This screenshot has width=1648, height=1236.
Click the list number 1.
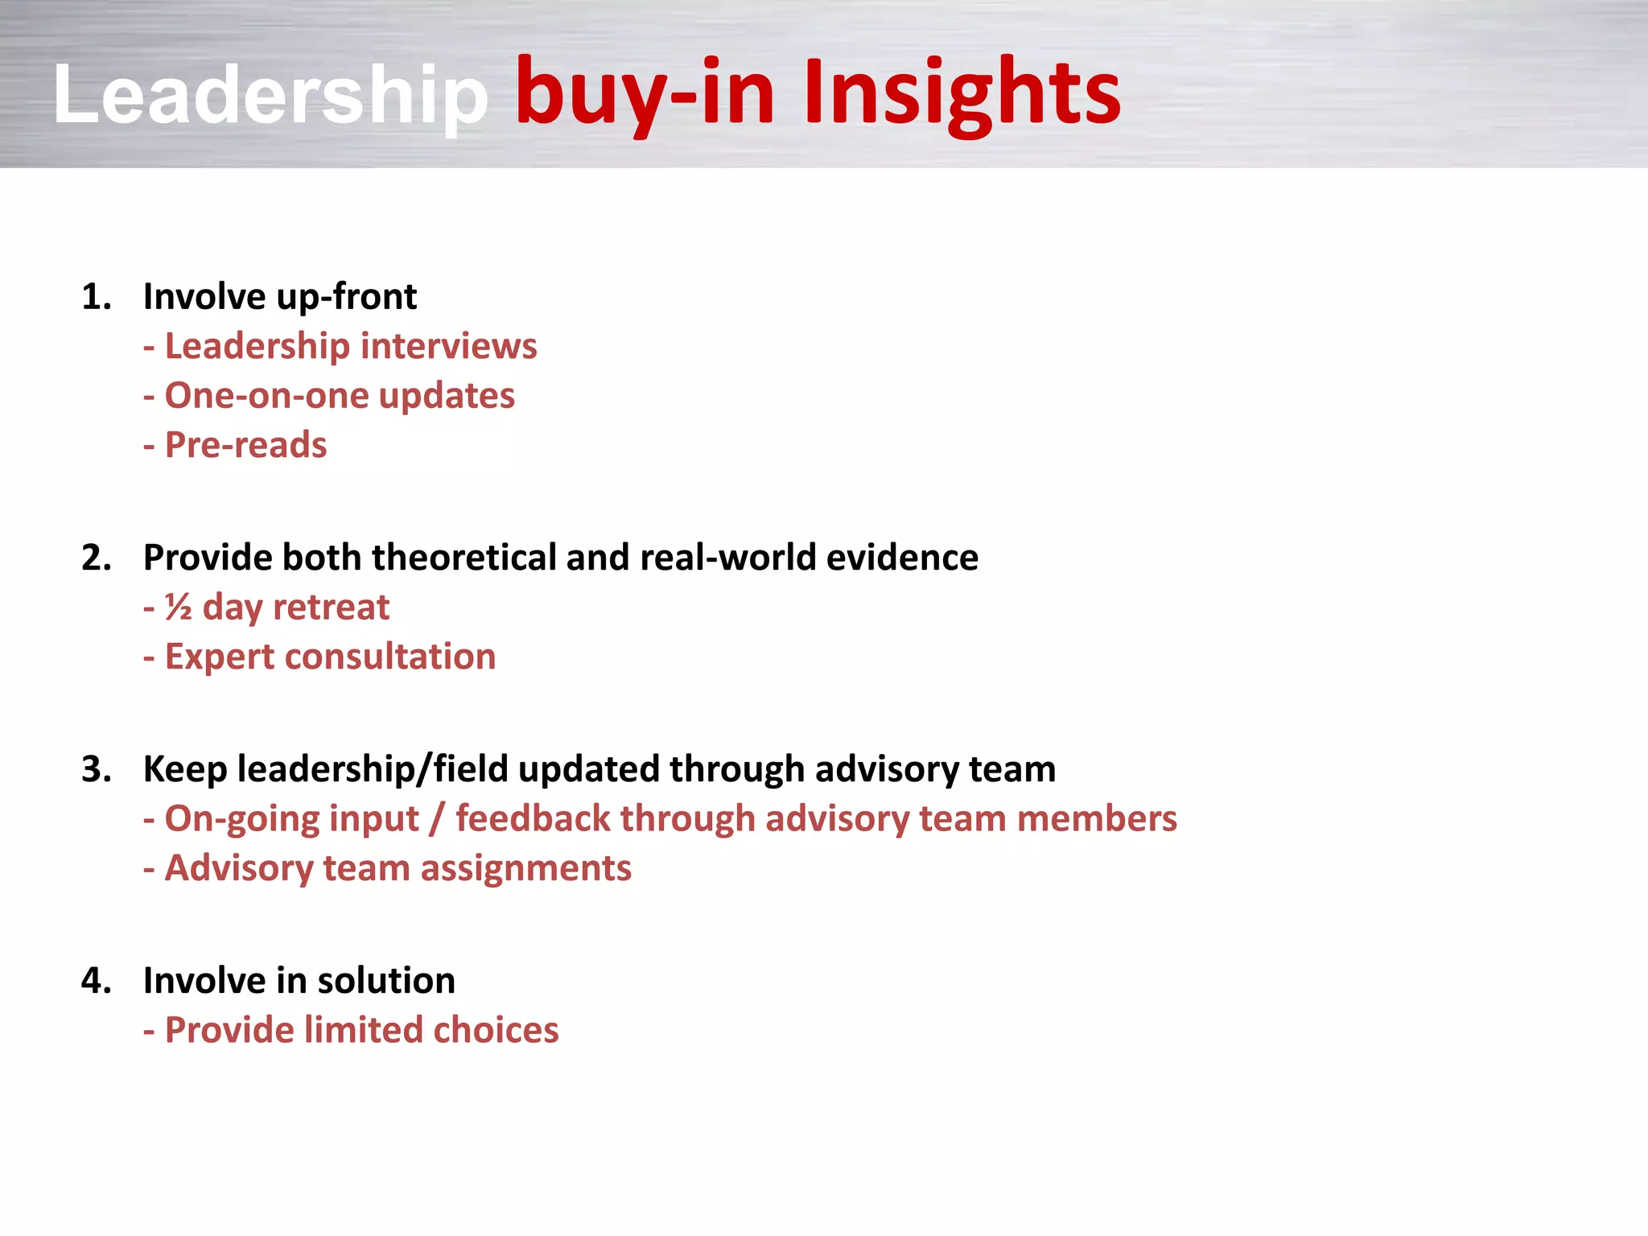pos(96,297)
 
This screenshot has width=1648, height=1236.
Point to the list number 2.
pos(96,558)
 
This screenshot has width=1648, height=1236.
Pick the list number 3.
pos(96,769)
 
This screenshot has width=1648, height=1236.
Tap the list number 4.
pos(96,981)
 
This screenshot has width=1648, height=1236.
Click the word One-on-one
pos(266,396)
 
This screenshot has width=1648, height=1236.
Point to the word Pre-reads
pos(245,445)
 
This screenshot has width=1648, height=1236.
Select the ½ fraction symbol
pos(178,608)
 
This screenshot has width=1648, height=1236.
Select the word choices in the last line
pos(496,1031)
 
